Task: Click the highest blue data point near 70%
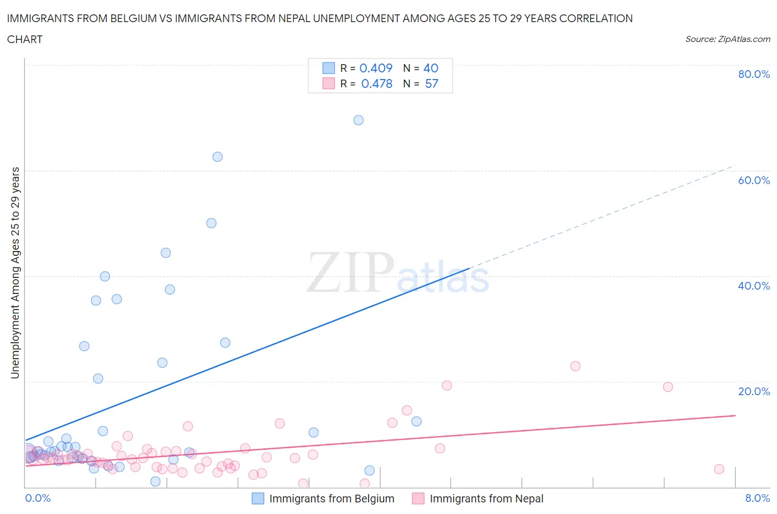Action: [358, 120]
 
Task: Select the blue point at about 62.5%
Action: [217, 156]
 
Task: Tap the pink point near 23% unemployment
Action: [575, 366]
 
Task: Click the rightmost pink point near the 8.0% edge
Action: [718, 469]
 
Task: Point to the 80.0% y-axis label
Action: [754, 74]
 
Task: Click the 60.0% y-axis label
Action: [754, 180]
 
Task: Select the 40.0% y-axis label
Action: [754, 286]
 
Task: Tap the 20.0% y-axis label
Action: [754, 391]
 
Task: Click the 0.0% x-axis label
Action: [38, 498]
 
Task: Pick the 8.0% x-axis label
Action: [757, 498]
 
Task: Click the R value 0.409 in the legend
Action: [376, 68]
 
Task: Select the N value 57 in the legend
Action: [432, 83]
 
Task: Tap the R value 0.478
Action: [376, 83]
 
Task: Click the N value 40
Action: [431, 68]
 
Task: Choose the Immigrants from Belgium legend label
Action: [332, 499]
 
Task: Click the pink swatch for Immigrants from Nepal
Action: [418, 499]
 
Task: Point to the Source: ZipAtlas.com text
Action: [727, 39]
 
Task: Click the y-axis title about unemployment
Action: [15, 272]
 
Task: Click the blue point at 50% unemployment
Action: [211, 223]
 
